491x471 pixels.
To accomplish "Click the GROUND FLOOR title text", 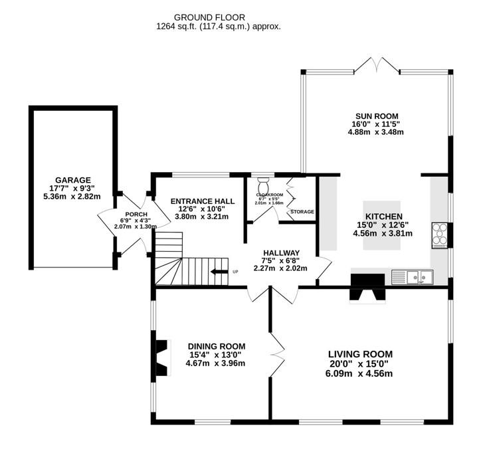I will point(209,17).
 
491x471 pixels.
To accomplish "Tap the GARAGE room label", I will point(72,180).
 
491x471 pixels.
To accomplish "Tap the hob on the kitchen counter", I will point(439,235).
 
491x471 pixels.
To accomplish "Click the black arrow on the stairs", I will point(219,271).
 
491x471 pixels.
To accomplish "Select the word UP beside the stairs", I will point(235,271).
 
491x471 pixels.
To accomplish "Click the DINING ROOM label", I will point(216,346).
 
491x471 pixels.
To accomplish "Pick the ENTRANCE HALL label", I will point(202,201).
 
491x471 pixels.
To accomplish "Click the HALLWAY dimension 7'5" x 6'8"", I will point(280,260).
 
